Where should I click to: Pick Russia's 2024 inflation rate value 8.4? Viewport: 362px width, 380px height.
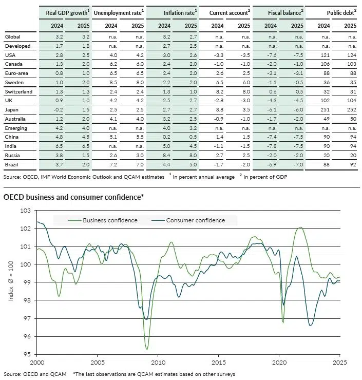click(x=163, y=154)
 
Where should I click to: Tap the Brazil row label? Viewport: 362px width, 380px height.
click(x=12, y=163)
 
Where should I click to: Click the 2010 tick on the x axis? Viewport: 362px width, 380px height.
click(x=158, y=362)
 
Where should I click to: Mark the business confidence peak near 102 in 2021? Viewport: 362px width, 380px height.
click(x=300, y=227)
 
